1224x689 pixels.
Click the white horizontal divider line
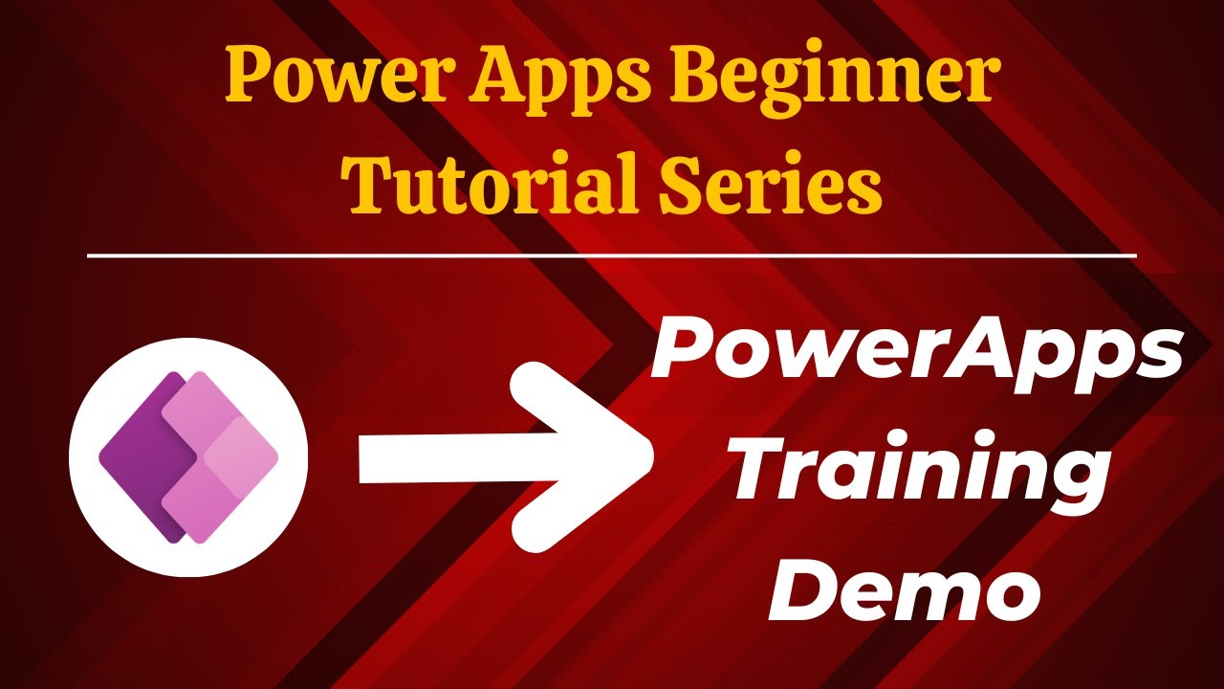pos(612,256)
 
